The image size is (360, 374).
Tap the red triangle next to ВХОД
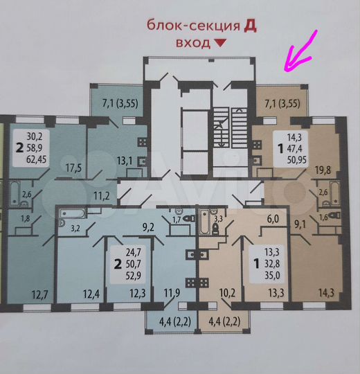click(220, 43)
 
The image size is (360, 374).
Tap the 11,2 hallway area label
click(102, 196)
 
